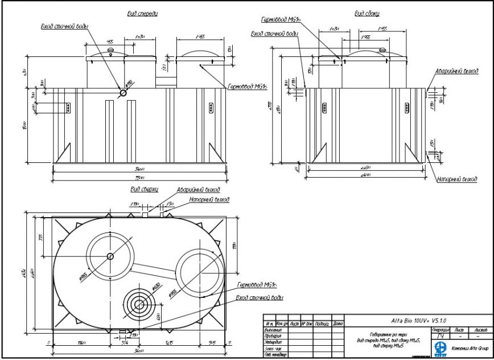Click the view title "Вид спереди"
(142, 14)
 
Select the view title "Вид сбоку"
(367, 14)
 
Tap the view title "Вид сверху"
(143, 190)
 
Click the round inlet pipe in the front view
(123, 93)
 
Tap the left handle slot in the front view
(68, 107)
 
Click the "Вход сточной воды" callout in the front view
(65, 26)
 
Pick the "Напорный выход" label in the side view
(457, 179)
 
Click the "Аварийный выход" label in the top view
(197, 190)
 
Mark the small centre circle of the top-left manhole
(110, 256)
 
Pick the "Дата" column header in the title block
(337, 323)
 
